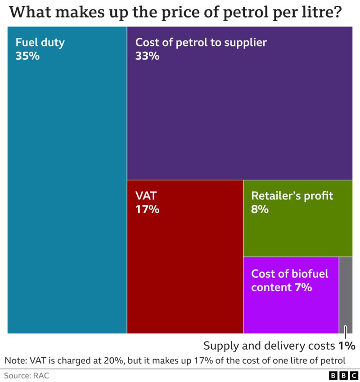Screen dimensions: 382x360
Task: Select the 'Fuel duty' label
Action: (x=40, y=43)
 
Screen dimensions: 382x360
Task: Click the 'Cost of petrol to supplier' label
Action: (x=201, y=43)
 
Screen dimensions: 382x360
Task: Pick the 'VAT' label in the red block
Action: (x=146, y=196)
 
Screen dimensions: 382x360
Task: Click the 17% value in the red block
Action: (x=147, y=209)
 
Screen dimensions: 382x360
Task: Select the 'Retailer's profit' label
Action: (x=292, y=196)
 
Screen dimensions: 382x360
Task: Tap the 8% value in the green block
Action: (x=260, y=209)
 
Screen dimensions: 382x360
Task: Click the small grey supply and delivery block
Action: (x=346, y=294)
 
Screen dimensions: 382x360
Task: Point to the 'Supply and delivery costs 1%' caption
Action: (x=279, y=346)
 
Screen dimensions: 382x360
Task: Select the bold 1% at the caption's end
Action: (x=347, y=346)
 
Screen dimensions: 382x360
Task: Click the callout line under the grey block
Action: (x=345, y=333)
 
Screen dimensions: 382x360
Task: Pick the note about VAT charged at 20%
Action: (x=175, y=360)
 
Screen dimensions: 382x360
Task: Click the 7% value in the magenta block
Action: (x=303, y=287)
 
